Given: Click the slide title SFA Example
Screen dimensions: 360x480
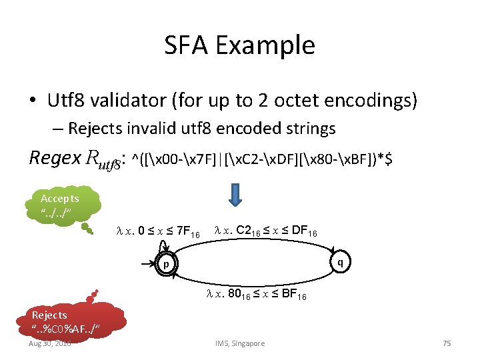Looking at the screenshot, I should point(239,45).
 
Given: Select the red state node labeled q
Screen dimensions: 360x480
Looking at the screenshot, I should point(340,262).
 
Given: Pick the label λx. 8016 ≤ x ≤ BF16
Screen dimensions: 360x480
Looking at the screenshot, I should point(256,294).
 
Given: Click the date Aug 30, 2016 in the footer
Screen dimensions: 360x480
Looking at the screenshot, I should point(51,343).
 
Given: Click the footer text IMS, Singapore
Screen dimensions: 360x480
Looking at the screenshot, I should point(239,343).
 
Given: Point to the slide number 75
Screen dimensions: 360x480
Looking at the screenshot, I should point(447,343).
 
